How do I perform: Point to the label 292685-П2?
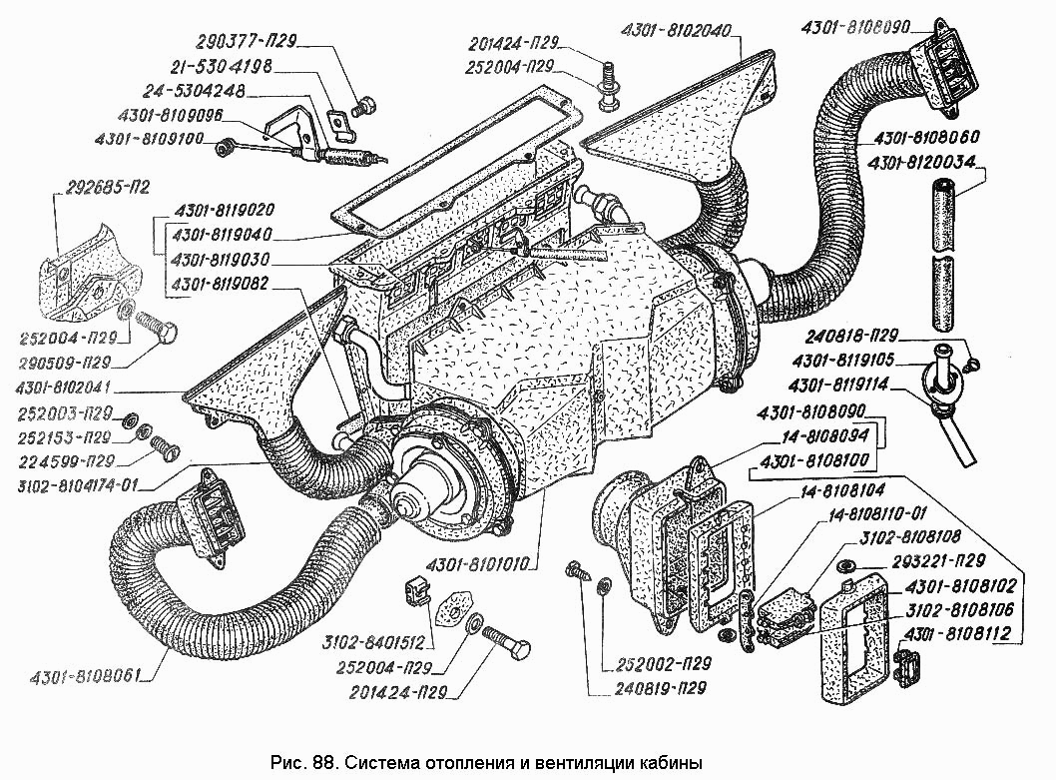(108, 187)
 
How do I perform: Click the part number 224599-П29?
(71, 460)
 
